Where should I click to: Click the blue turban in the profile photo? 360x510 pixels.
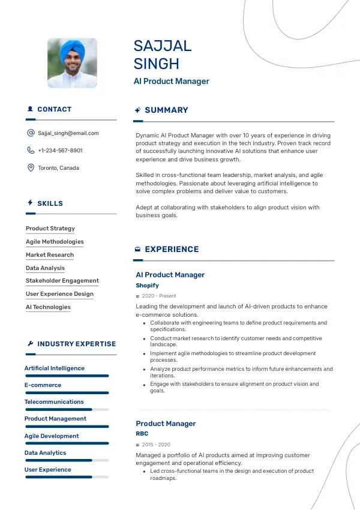(x=73, y=47)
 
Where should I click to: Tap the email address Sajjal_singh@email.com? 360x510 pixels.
(x=68, y=133)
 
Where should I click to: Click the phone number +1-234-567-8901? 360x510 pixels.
(x=60, y=151)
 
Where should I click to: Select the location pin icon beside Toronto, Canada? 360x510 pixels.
(x=31, y=168)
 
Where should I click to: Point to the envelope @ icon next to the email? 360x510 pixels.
(x=31, y=133)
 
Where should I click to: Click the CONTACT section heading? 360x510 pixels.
(x=54, y=110)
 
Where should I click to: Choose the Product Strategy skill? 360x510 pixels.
(x=50, y=229)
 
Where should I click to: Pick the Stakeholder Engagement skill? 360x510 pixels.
(x=62, y=281)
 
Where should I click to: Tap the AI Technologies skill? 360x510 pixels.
(x=48, y=307)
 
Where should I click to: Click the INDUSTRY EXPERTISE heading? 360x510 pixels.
(x=76, y=344)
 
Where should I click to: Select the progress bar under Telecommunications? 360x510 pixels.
(x=67, y=410)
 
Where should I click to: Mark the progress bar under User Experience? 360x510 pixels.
(x=67, y=477)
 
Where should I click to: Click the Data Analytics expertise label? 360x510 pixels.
(x=45, y=453)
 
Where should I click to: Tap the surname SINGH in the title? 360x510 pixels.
(x=156, y=64)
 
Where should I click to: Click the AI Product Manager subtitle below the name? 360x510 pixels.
(x=171, y=81)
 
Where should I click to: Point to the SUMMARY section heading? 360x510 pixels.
(x=166, y=110)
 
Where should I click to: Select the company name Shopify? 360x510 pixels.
(x=147, y=286)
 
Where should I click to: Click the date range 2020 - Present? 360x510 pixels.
(x=159, y=296)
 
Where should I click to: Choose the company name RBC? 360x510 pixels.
(x=142, y=433)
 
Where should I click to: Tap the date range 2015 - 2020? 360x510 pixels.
(x=156, y=445)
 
